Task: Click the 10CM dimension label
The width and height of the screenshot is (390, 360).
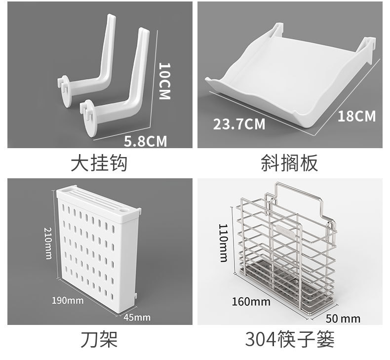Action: point(164,81)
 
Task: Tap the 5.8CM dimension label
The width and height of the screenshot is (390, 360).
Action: point(145,142)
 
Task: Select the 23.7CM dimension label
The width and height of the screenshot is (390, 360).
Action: point(239,123)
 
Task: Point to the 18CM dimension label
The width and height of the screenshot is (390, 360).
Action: point(356,117)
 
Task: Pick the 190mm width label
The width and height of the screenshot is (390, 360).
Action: point(68,300)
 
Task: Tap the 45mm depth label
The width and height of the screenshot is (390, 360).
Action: point(136,317)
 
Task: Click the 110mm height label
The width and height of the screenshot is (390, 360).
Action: point(223,242)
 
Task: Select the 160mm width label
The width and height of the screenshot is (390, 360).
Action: point(250,301)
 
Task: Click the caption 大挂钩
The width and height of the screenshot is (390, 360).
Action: point(99,163)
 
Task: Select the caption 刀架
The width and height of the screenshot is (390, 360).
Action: point(99,340)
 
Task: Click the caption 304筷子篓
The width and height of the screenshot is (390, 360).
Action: point(290,340)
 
